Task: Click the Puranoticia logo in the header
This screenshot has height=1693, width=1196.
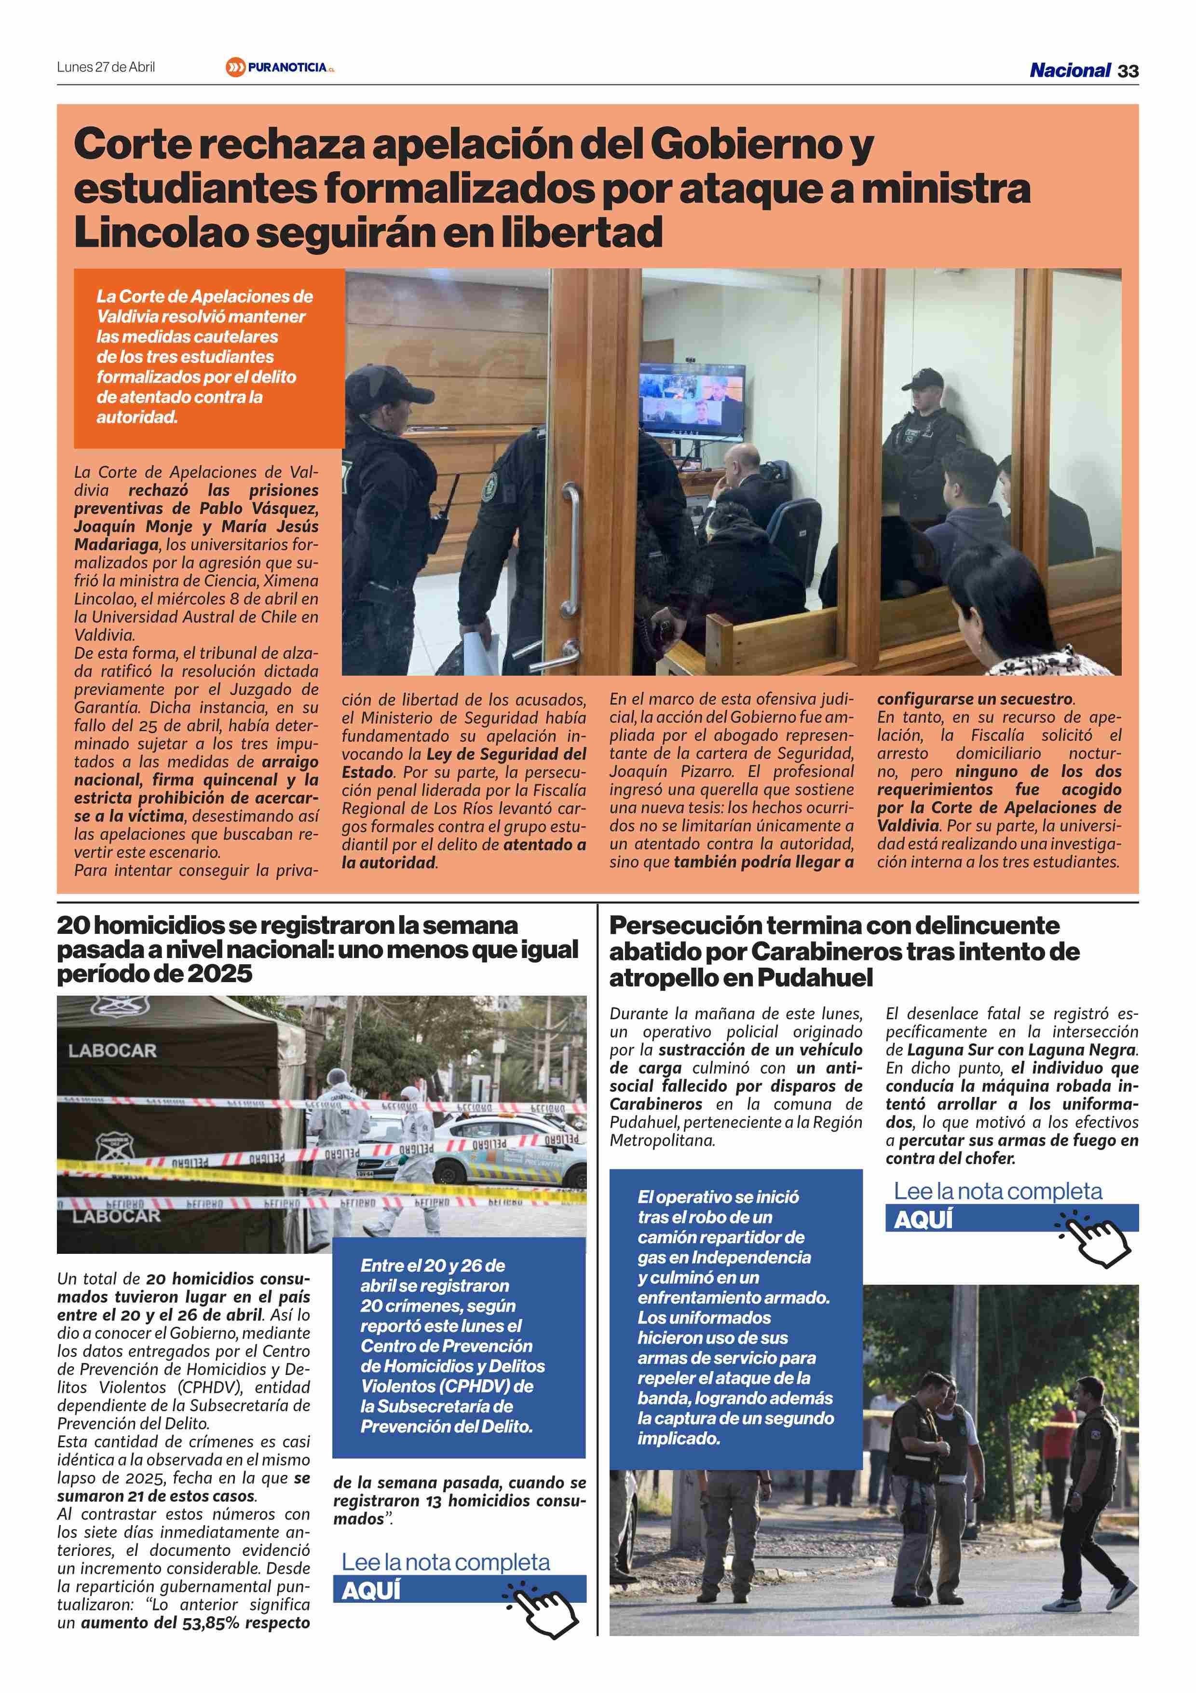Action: point(280,68)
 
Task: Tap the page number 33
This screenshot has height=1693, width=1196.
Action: point(1128,71)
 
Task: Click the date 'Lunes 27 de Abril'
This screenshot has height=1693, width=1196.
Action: point(106,67)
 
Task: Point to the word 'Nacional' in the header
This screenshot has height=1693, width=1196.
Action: point(1069,70)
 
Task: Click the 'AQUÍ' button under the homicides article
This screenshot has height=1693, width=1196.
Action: point(371,1591)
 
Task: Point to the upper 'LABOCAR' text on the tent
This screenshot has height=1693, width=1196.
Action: point(113,1051)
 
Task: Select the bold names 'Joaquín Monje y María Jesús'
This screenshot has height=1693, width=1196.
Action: point(196,527)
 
